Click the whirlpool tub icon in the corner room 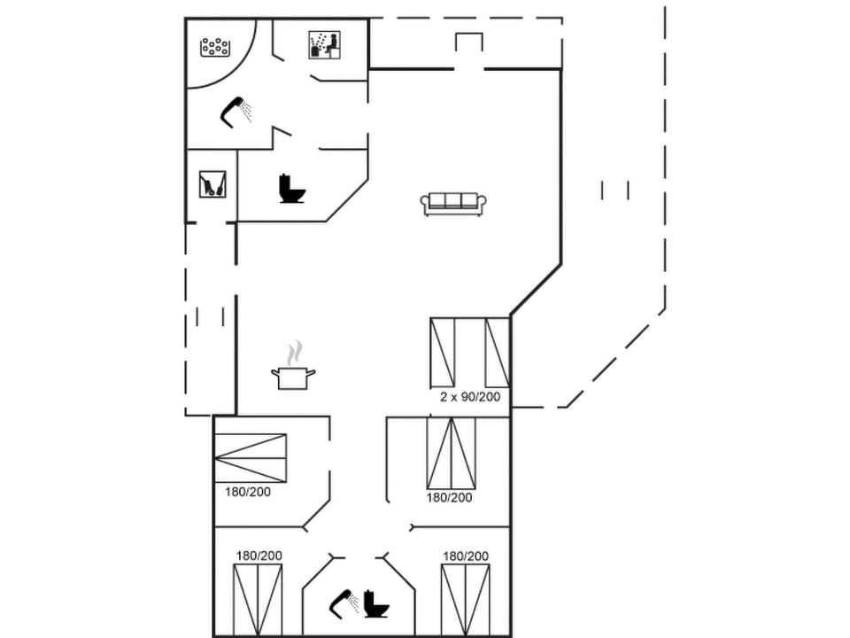[215, 46]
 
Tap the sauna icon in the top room [324, 45]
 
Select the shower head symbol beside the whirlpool [236, 112]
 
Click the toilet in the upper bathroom [291, 189]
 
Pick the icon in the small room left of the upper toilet [212, 183]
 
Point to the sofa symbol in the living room [454, 203]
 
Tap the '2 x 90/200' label [470, 397]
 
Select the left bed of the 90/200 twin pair [442, 353]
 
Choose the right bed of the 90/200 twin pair [497, 353]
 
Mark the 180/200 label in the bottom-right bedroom [466, 556]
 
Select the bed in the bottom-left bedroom [258, 600]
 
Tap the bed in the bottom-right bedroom [465, 600]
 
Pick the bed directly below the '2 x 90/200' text [451, 453]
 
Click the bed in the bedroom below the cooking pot [251, 457]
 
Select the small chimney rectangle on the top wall [468, 43]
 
